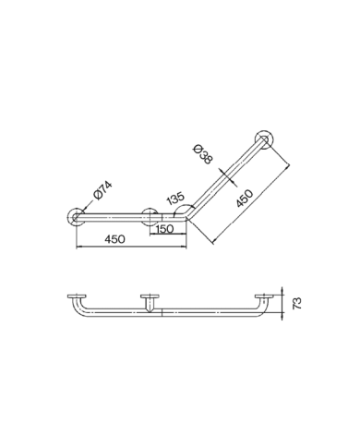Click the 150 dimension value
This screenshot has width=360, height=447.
click(165, 229)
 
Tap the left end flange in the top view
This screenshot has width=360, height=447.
click(73, 218)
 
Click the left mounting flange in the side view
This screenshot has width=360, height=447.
click(74, 296)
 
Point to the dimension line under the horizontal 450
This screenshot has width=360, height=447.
click(129, 248)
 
